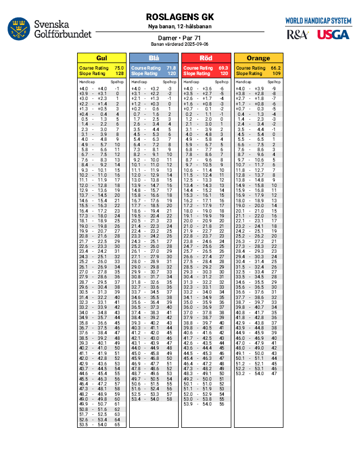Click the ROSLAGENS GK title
coord(179,17)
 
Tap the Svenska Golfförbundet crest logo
coord(18,29)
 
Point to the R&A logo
coord(298,35)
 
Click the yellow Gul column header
coord(101,58)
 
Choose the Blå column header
coord(154,58)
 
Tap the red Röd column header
coord(206,58)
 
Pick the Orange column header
coord(258,58)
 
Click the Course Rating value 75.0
coord(119,68)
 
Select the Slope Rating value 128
coord(119,73)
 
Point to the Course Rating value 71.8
coord(172,68)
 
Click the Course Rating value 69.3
coord(224,68)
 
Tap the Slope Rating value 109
coord(276,73)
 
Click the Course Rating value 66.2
coord(276,68)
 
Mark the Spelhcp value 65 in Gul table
coord(117,424)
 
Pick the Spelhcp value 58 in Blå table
coord(169,399)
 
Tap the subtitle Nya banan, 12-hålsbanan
coord(179,26)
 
